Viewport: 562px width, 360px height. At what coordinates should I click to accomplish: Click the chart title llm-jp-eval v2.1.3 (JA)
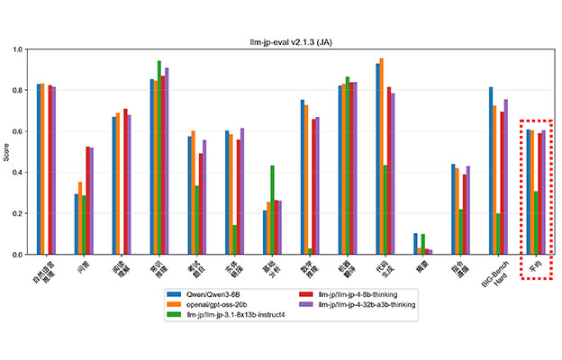pyautogui.click(x=280, y=41)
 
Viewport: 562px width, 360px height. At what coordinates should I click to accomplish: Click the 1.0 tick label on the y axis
pyautogui.click(x=22, y=49)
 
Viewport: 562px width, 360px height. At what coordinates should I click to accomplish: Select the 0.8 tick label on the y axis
pyautogui.click(x=22, y=91)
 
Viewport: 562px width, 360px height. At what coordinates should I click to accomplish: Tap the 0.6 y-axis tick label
pyautogui.click(x=22, y=131)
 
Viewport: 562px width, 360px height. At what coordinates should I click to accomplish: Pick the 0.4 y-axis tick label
pyautogui.click(x=22, y=173)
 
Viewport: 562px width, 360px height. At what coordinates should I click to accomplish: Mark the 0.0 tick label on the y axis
pyautogui.click(x=22, y=255)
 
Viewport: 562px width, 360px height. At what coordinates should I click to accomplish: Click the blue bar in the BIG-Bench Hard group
pyautogui.click(x=491, y=171)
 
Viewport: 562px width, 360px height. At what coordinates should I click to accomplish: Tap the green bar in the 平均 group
pyautogui.click(x=536, y=223)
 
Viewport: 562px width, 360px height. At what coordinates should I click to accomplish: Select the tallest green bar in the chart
pyautogui.click(x=159, y=157)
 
